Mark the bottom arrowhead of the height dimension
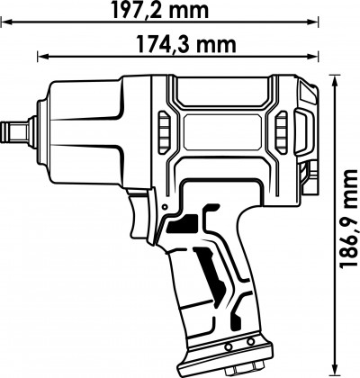coord(335,371)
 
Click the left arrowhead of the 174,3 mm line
coord(40,58)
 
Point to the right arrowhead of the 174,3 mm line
coord(314,58)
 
